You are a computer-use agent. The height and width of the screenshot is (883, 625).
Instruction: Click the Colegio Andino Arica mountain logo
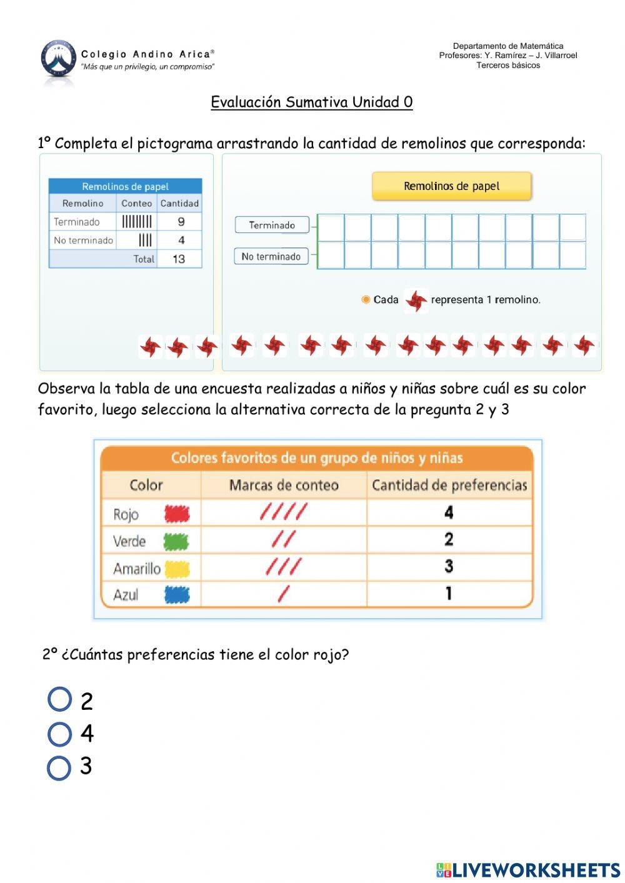pos(58,61)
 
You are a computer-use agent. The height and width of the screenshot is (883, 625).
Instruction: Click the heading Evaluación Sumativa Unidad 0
pos(311,102)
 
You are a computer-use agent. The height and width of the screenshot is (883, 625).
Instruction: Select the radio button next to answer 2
pos(59,699)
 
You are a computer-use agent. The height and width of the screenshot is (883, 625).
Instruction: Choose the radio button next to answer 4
pos(59,734)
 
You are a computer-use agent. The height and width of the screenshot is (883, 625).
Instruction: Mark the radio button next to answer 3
pos(59,768)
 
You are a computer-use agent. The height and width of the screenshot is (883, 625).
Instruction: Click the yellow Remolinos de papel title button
pos(451,186)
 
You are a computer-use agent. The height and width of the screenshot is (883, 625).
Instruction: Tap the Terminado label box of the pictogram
pos(272,225)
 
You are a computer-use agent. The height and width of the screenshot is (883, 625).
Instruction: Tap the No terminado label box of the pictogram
pos(271,256)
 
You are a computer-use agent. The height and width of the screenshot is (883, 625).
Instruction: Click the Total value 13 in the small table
pos(179,259)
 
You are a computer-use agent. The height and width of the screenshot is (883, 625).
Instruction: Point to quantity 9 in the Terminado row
pos(181,221)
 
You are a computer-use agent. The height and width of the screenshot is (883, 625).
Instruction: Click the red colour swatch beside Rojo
pos(177,514)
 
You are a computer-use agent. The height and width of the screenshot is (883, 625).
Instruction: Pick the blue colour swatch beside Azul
pos(177,595)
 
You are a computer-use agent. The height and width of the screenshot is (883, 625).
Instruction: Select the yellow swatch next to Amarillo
pos(177,569)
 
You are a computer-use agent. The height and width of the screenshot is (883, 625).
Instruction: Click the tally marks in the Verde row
pos(284,539)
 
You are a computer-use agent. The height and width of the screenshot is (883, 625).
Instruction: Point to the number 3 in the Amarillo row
pos(449,567)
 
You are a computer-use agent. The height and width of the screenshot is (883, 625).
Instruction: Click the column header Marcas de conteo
pos(284,485)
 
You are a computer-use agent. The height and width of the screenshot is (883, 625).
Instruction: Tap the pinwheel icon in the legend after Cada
pos(416,301)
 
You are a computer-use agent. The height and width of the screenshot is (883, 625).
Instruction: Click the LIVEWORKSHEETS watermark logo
pos(528,870)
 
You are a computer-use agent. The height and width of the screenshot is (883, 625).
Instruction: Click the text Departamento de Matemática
pos(507,46)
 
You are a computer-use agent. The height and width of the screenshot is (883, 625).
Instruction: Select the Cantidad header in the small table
pos(179,203)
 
